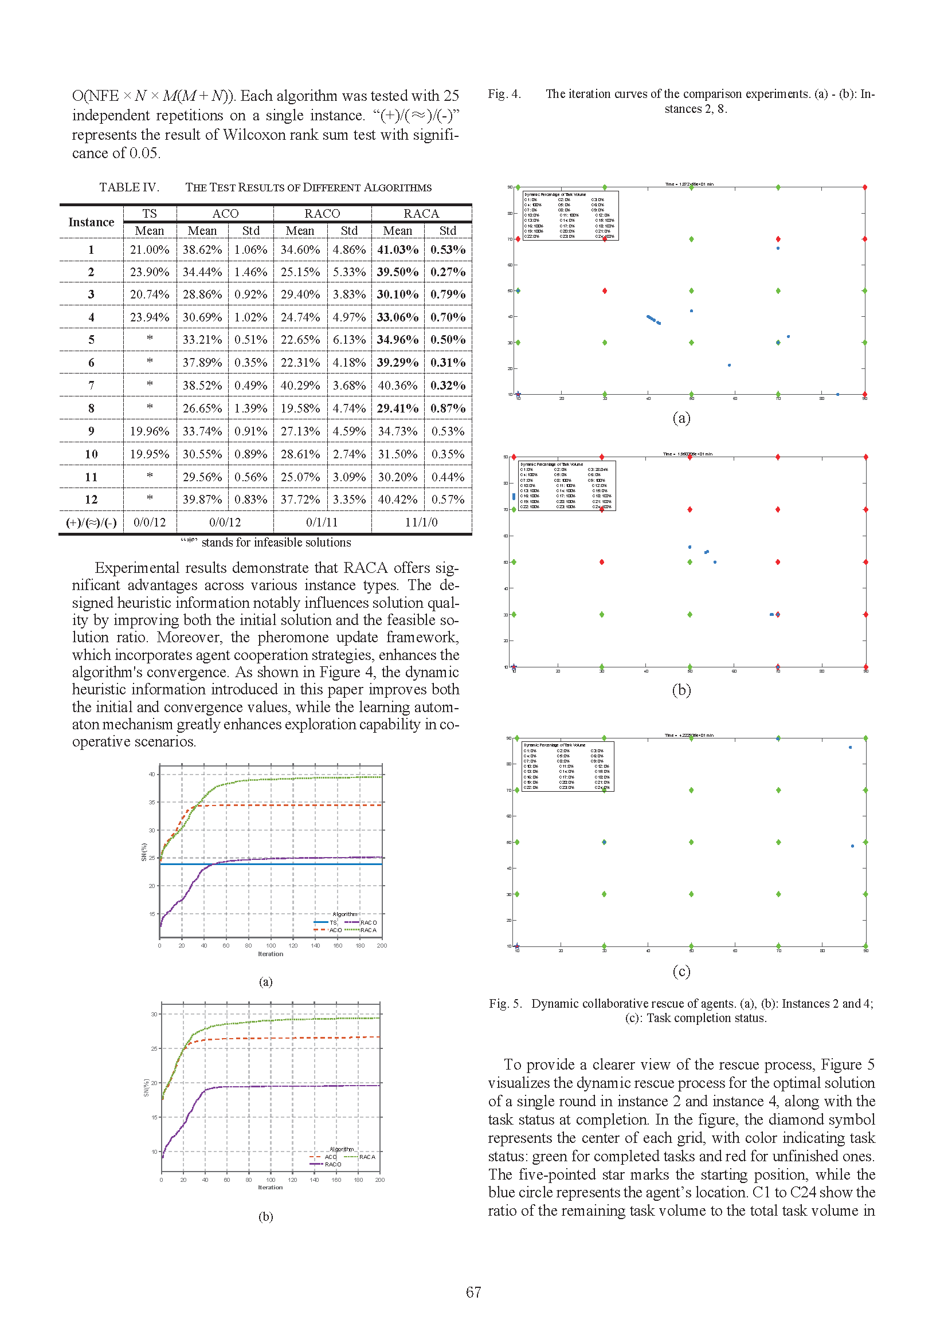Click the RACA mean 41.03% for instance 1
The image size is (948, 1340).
point(398,250)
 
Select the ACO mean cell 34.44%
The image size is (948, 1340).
point(202,272)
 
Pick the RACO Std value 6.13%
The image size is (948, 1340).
point(349,340)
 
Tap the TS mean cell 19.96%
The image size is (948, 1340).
point(150,431)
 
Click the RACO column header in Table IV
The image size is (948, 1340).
point(322,214)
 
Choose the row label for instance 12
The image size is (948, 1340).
point(91,500)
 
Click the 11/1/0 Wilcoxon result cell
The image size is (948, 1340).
point(421,522)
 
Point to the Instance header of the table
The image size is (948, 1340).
point(91,222)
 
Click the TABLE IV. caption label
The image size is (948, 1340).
point(129,187)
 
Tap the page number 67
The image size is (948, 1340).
point(473,1292)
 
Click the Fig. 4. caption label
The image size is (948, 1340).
point(504,94)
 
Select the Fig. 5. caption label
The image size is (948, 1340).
point(506,1003)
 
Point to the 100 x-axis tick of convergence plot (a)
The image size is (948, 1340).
point(271,945)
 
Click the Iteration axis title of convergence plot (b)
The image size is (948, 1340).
point(271,1187)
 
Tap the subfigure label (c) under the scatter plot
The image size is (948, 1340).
point(681,971)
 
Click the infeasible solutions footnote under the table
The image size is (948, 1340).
point(266,542)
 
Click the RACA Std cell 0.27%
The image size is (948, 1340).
point(448,272)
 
